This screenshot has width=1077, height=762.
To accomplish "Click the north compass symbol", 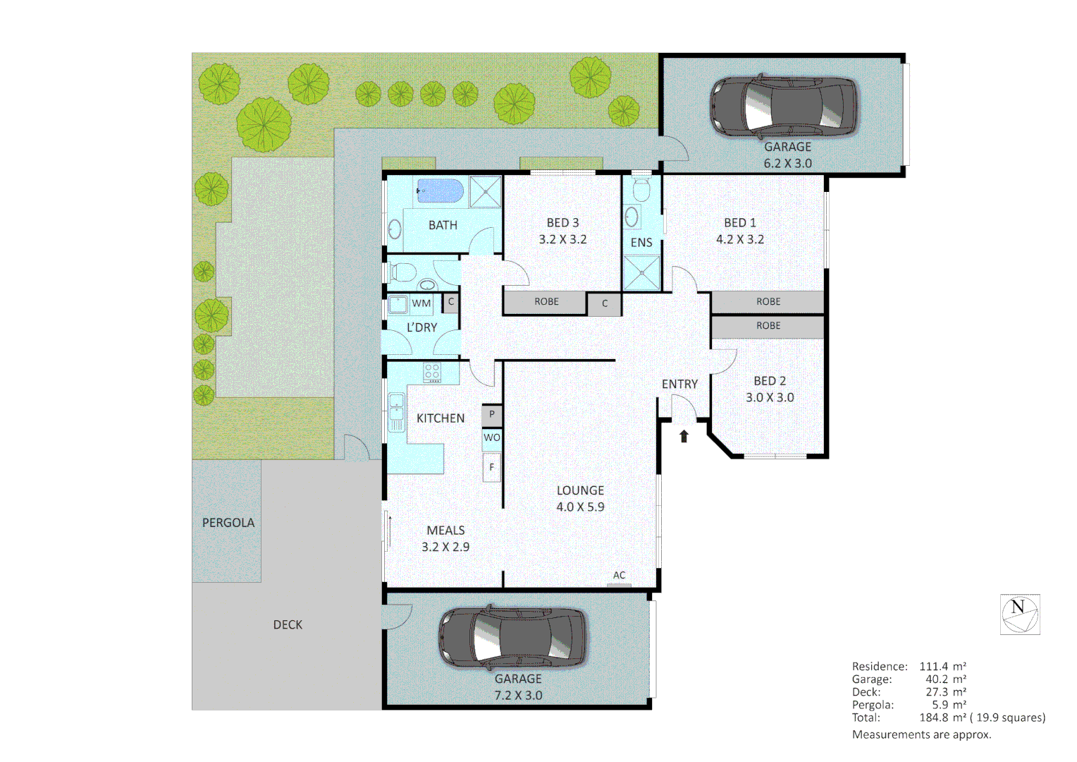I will pos(1020,615).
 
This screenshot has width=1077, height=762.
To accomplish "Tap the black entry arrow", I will pos(684,436).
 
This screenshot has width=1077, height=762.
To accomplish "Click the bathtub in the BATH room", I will pos(440,190).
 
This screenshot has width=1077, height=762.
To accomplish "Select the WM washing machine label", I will pos(421,303).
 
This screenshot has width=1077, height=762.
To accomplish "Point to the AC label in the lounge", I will pos(619,576).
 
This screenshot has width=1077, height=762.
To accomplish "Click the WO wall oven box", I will pos(492,438).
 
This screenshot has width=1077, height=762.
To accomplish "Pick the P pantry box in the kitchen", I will pos(492,415).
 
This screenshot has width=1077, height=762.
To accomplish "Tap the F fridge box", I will pos(492,467).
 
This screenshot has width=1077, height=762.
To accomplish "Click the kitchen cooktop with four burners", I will pos(432,372).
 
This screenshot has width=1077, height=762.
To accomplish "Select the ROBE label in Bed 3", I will pos(546,302).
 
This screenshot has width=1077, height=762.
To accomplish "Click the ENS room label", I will pos(641,243).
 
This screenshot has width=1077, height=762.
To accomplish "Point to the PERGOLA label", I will pos(228,523).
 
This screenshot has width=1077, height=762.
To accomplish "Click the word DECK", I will pos(288,625).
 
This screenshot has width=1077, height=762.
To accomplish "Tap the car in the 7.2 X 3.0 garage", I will pos(512,636).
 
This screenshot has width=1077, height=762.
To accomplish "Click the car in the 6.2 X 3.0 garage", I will pos(784,107).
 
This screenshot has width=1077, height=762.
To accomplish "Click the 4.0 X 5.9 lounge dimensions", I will pos(580,507).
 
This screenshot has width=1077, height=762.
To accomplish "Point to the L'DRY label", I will pos(421,328).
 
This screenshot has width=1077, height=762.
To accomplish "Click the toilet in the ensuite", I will pos(641,190).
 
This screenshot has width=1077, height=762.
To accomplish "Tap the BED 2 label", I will pos(770,381).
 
